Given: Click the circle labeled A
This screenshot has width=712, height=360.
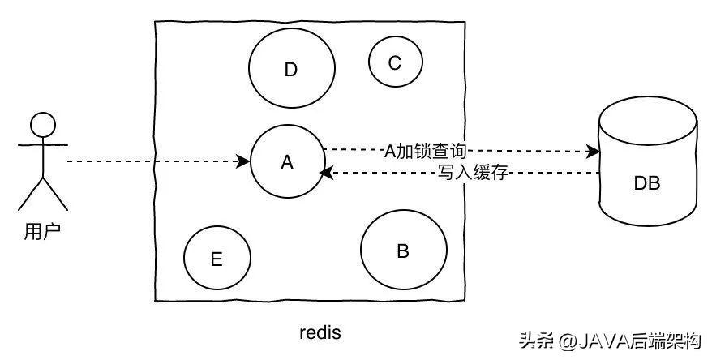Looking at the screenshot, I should [x=286, y=162].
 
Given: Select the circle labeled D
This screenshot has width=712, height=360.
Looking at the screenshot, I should [x=290, y=70].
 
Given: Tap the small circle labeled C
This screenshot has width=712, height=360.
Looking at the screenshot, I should [x=395, y=62].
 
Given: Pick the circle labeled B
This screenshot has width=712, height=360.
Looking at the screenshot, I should [x=403, y=251].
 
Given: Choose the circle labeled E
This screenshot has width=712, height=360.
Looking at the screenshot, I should [x=217, y=259].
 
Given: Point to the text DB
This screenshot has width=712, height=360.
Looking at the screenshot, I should [x=647, y=183].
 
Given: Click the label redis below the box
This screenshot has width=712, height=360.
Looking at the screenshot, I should [x=320, y=332].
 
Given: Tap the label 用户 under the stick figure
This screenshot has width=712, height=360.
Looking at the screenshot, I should [x=42, y=232].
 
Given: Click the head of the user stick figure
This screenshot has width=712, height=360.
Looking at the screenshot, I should [x=43, y=125].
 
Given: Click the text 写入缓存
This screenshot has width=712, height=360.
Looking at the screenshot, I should [x=471, y=173].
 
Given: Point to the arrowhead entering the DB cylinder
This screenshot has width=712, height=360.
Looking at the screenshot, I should [x=594, y=151].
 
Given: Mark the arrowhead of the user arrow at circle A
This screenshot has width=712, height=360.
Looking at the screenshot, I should [x=244, y=162].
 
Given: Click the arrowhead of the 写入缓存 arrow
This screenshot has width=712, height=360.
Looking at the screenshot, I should [x=325, y=173].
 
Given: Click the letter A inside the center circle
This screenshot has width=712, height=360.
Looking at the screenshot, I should [x=286, y=162].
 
